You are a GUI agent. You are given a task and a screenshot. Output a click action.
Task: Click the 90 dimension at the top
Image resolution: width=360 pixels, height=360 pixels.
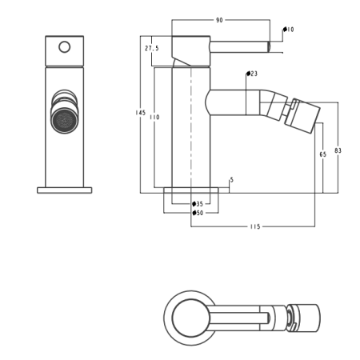coord(219,20)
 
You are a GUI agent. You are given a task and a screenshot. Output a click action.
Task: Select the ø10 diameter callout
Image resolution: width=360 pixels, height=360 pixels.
coord(289,30)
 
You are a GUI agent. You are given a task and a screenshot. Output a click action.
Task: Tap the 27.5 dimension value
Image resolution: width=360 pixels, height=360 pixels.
coord(152,48)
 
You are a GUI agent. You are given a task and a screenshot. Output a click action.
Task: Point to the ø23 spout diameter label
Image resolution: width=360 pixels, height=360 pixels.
coord(252,74)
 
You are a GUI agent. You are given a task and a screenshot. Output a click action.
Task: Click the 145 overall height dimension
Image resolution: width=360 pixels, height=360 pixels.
coord(140,113)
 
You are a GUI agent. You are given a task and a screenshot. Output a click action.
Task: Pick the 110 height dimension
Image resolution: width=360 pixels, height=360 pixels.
coord(154,117)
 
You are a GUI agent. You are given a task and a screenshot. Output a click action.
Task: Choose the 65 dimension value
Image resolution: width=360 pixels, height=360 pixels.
coord(323,154)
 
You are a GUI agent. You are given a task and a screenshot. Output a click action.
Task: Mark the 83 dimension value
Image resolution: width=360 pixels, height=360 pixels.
coord(338,150)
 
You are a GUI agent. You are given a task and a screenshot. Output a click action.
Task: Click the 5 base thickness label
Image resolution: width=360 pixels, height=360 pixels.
coord(231,180)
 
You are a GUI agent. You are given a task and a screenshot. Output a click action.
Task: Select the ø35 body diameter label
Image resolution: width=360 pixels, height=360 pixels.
coord(198,204)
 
